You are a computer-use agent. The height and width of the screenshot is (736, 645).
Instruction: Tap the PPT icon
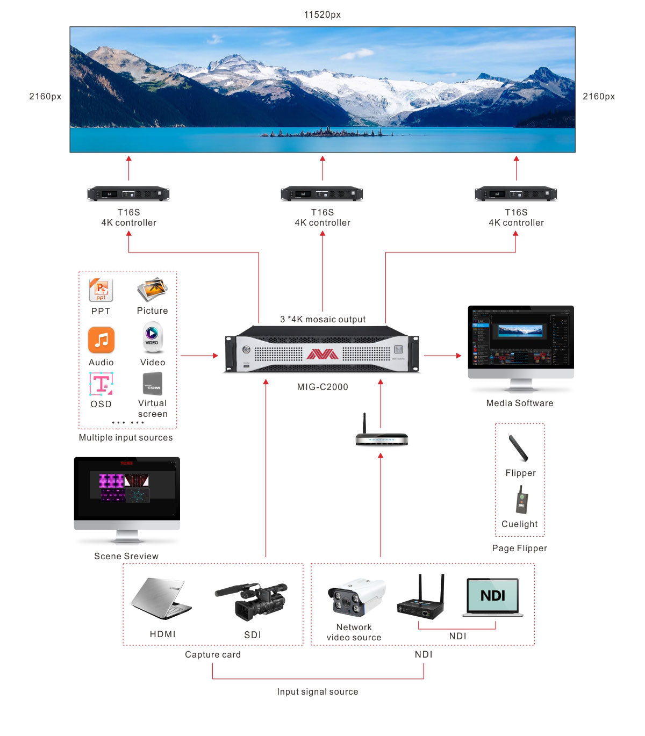tap(101, 290)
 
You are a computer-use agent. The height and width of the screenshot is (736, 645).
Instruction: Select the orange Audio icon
tap(101, 340)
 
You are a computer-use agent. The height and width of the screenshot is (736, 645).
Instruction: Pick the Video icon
tap(152, 337)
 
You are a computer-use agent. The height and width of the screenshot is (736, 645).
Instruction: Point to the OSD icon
tap(101, 384)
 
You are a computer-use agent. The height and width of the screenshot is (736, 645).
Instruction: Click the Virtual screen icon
tap(153, 384)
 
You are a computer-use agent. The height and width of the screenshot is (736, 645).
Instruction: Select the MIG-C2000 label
tap(322, 387)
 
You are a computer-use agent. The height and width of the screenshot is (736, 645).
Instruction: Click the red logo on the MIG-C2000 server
tap(322, 354)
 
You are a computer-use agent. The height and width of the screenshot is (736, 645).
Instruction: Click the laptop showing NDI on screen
tap(492, 597)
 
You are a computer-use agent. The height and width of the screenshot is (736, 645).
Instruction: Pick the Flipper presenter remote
tap(519, 448)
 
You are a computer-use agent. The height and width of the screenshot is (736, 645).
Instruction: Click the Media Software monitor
tap(520, 344)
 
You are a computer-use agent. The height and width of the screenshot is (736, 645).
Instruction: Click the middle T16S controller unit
tap(322, 193)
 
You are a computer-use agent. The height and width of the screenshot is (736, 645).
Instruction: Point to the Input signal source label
tap(318, 692)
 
